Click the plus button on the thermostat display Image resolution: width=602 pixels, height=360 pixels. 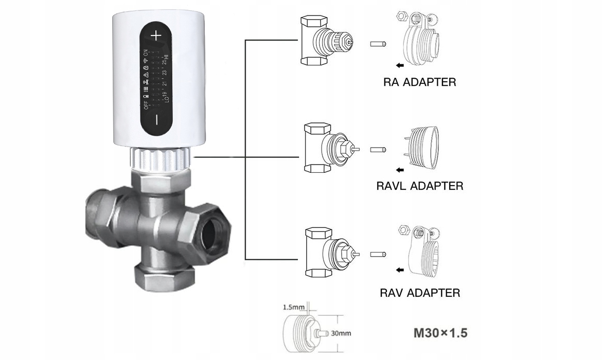point(156,35)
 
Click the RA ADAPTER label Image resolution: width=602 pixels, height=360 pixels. point(419,82)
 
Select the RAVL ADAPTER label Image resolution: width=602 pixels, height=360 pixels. point(420,186)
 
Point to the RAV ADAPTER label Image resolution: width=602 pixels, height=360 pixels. point(420,293)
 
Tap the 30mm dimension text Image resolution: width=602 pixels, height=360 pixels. point(341,333)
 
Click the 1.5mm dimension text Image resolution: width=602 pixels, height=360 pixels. point(294,308)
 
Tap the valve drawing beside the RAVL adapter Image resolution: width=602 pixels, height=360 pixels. point(329,148)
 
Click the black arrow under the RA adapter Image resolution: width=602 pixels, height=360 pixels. point(400,65)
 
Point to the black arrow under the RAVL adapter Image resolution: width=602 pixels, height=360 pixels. point(400,170)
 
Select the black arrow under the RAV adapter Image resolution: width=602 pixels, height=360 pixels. point(400,269)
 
